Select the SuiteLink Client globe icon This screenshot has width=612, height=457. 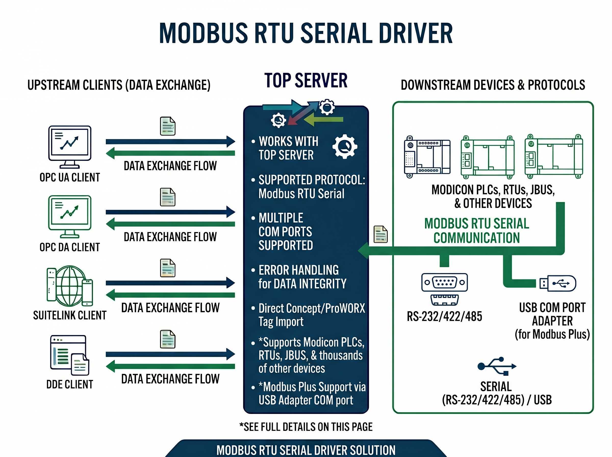(x=70, y=286)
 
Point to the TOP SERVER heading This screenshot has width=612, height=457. (x=306, y=81)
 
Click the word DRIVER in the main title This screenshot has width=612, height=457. (x=415, y=33)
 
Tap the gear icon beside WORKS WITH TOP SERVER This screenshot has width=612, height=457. (x=345, y=147)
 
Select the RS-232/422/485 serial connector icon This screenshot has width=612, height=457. (x=444, y=289)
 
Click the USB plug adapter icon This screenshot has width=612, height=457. (x=557, y=283)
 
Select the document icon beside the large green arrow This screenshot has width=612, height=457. (x=380, y=234)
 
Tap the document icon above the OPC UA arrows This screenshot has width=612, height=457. (x=168, y=126)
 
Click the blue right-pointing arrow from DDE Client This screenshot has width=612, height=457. (x=170, y=354)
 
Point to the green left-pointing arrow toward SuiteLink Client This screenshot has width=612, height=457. (x=170, y=295)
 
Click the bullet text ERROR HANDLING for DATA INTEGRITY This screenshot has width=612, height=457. (x=302, y=277)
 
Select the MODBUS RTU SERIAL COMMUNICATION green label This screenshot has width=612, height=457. (x=477, y=231)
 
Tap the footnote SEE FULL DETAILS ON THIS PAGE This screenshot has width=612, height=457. (x=306, y=427)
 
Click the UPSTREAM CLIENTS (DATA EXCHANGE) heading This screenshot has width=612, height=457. (x=119, y=85)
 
